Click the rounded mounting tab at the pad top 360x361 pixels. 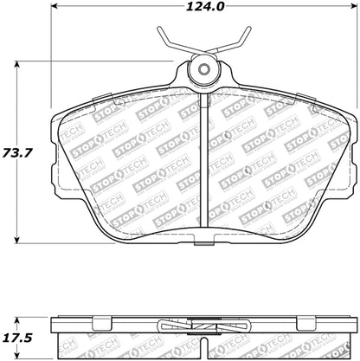(x=204, y=74)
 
